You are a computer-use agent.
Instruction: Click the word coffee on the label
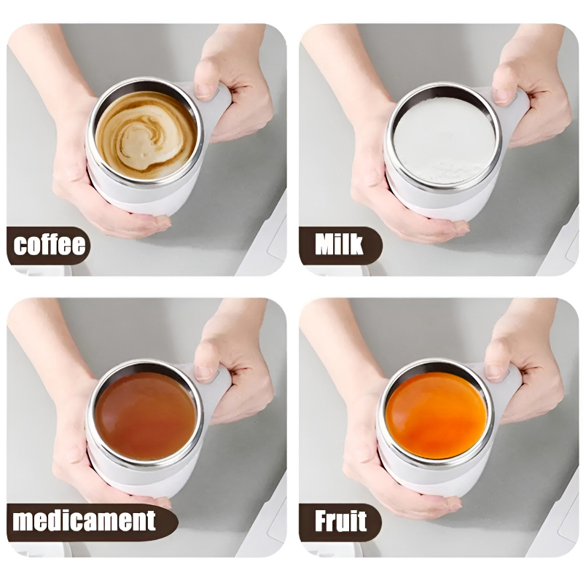50,246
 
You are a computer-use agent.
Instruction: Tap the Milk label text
339,245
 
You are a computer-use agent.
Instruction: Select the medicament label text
85,521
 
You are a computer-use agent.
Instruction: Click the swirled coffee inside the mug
146,136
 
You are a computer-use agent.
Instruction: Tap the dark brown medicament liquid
145,415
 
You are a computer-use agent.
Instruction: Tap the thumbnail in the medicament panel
205,368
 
